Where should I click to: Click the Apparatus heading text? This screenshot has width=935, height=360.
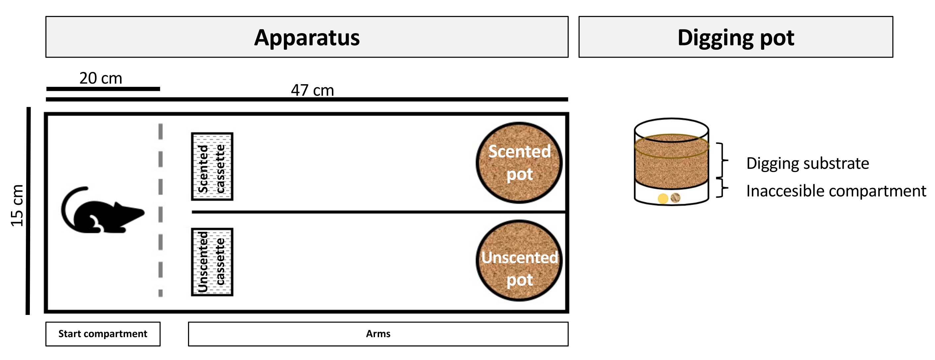pos(307,37)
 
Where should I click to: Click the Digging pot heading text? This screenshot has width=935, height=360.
pos(735,37)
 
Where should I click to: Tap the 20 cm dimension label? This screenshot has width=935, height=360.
pos(100,78)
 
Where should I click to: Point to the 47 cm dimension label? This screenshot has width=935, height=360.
pos(312,90)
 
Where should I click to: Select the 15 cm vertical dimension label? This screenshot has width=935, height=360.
pos(17,206)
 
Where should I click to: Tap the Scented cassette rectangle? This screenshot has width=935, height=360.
pos(212,166)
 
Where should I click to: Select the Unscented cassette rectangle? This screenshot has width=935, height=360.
pos(212,262)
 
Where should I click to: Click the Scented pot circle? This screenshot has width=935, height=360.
pos(519,162)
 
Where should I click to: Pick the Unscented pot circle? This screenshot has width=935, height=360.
pos(519,261)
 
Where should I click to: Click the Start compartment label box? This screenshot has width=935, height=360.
pos(103,334)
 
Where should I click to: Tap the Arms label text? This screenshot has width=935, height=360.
pos(378,334)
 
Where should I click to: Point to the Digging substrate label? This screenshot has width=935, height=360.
pos(807,163)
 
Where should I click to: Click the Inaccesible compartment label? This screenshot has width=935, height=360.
pos(836,191)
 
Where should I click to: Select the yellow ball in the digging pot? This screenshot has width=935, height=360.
pos(663,199)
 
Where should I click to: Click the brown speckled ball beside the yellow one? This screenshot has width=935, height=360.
pos(675,198)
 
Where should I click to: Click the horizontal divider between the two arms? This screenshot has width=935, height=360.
pos(378,212)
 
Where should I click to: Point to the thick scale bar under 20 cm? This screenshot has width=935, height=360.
pos(103,89)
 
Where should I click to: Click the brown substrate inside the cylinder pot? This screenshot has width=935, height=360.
pos(671,167)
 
